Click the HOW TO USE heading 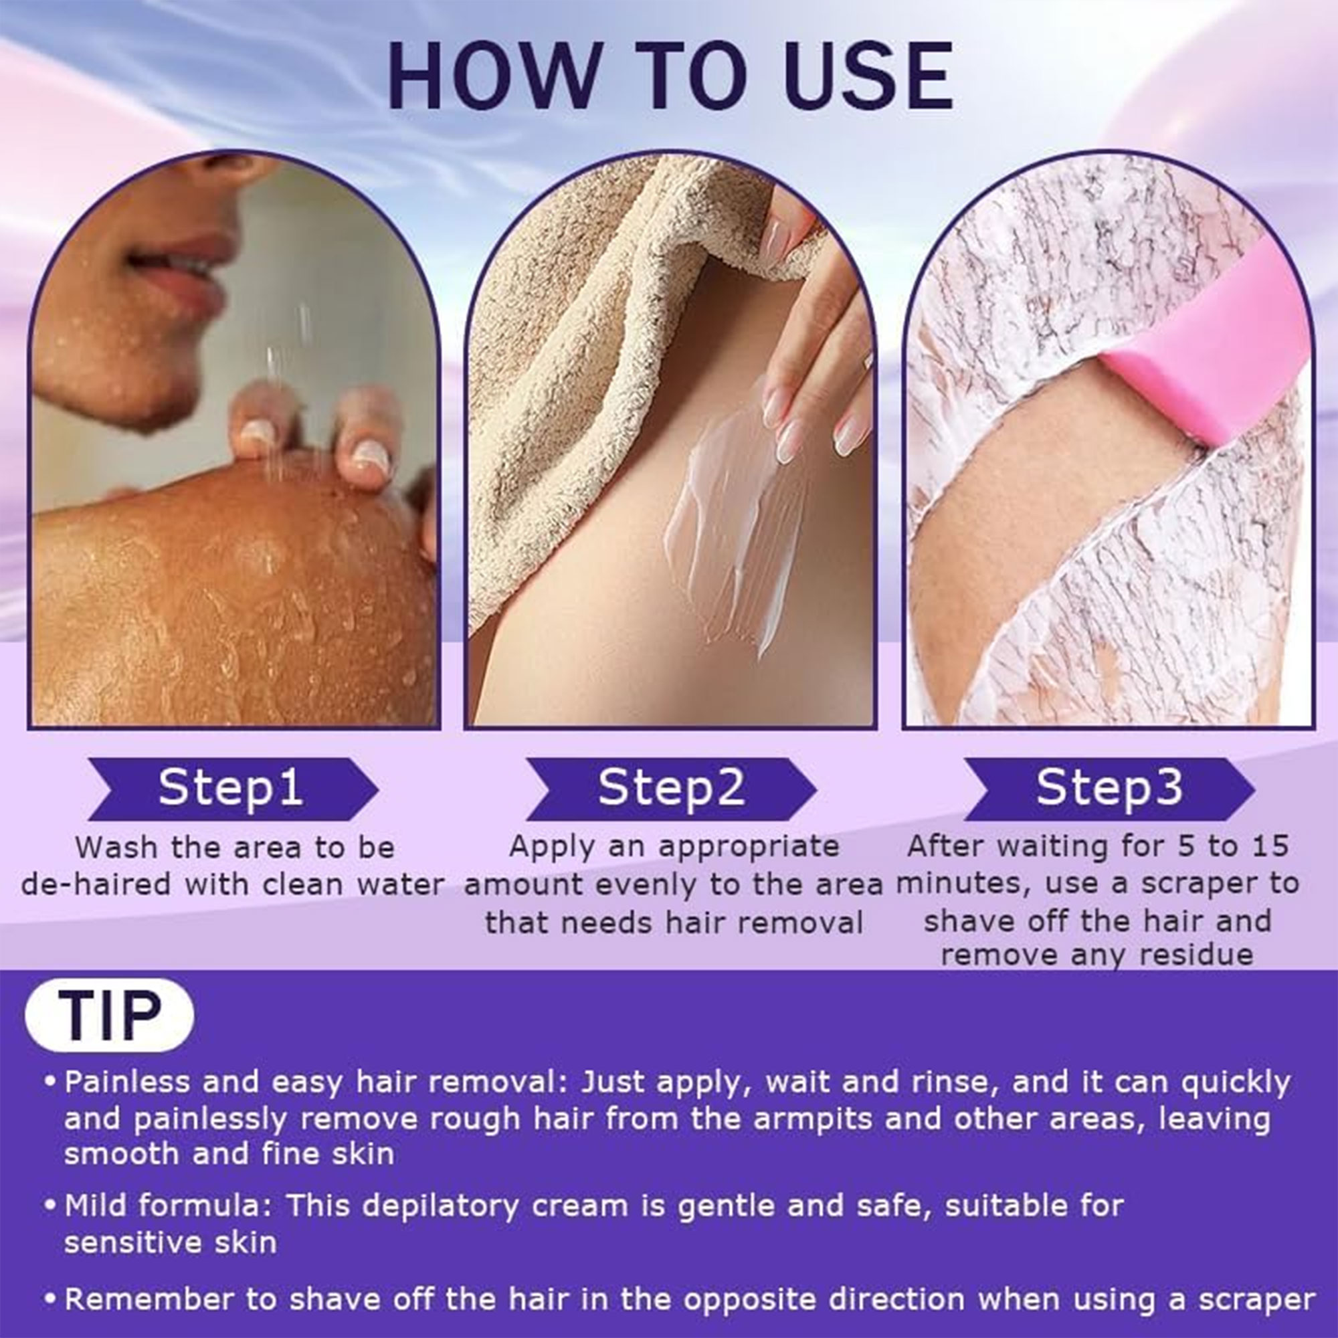(669, 76)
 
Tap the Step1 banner (233, 789)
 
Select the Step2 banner (671, 789)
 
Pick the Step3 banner (1109, 789)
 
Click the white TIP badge (110, 1015)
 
